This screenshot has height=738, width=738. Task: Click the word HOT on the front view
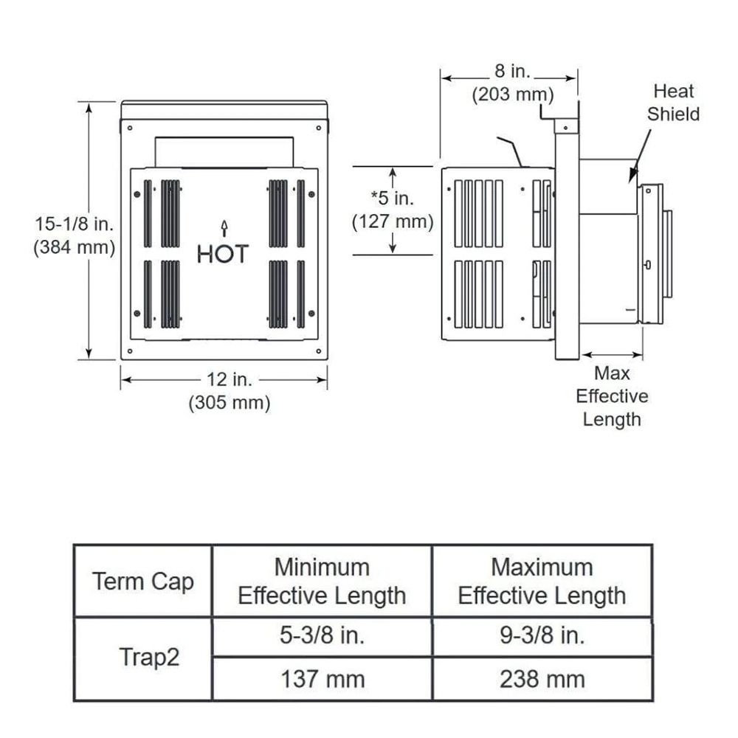[x=223, y=254]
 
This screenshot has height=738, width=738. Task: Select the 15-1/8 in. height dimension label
[x=74, y=224]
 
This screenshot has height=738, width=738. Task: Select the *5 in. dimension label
[x=392, y=199]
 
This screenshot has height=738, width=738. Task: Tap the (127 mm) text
[x=392, y=221]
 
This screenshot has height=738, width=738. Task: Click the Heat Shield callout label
[x=673, y=103]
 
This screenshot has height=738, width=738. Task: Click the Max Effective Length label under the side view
[x=612, y=396]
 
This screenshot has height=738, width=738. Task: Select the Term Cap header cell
[x=143, y=581]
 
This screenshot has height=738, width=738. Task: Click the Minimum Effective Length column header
[x=322, y=581]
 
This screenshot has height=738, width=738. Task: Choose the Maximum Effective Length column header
[x=542, y=581]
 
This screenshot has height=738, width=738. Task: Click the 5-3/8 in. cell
[x=322, y=636]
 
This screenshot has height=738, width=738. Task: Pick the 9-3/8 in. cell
[x=542, y=636]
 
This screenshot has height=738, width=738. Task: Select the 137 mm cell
[x=322, y=678]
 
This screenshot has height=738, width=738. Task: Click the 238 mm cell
[x=542, y=678]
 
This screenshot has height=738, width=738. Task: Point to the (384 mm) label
[x=74, y=248]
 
